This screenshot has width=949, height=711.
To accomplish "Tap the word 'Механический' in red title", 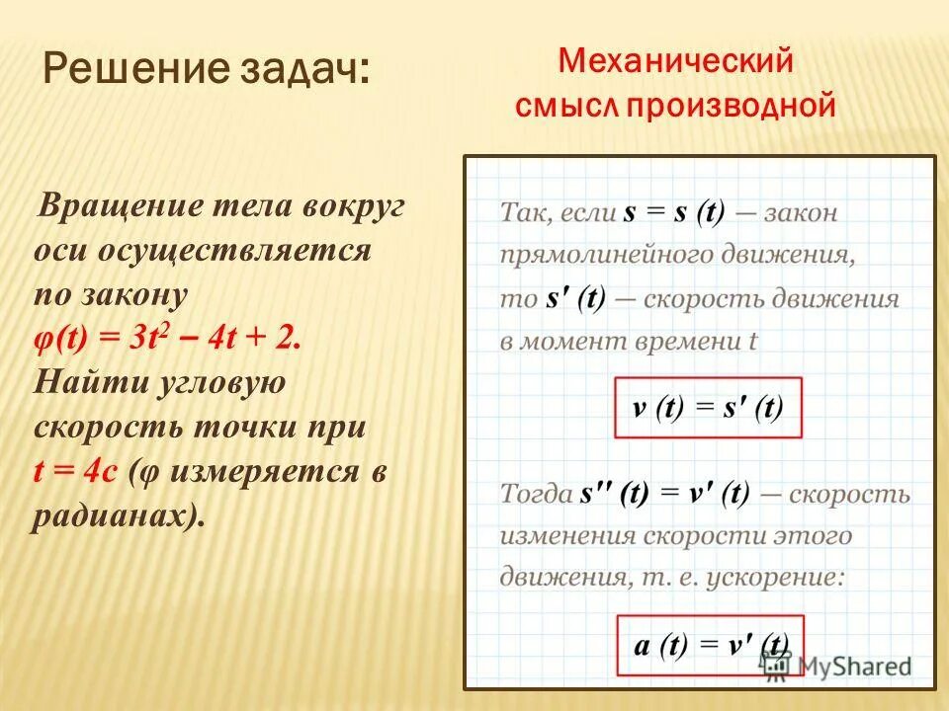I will [x=676, y=61].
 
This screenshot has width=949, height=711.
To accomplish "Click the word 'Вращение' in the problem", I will [x=118, y=207].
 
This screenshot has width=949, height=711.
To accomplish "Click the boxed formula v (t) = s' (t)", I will [x=708, y=407].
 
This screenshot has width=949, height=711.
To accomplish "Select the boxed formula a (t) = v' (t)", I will [x=710, y=646].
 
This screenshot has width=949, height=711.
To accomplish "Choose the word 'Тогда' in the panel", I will [x=536, y=493].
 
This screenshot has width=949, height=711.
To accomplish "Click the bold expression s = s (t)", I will [x=674, y=212].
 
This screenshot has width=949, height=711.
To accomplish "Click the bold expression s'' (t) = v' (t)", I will [x=667, y=493].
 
